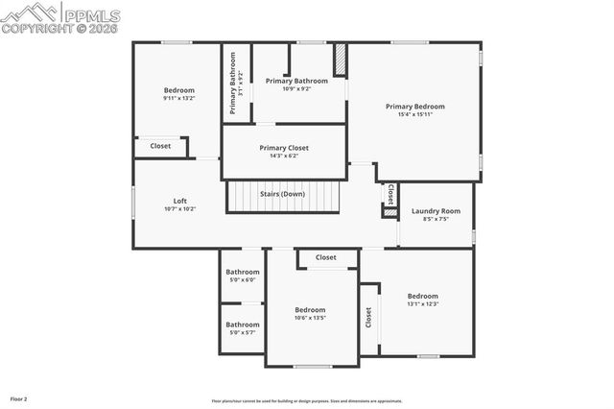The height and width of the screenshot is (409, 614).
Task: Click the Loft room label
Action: click(179, 201)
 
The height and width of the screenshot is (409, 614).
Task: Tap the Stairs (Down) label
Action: click(283, 194)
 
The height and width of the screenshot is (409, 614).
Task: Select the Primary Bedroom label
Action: click(414, 107)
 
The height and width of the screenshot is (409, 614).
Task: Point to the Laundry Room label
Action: click(436, 210)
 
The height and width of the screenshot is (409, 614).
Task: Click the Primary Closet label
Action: click(283, 148)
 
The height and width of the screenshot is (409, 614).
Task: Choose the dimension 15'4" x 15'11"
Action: click(414, 115)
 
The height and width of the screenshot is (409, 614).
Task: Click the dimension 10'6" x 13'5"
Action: click(310, 319)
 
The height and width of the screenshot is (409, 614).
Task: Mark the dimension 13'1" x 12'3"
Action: click(422, 304)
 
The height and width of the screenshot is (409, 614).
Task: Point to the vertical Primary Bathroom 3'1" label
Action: click(234, 83)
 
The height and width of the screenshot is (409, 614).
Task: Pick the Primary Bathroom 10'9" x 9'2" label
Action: click(296, 82)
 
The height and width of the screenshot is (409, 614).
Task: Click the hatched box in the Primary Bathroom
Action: click(340, 60)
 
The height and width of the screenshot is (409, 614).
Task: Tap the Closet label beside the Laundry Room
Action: click(390, 193)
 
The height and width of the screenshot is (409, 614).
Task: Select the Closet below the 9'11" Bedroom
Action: click(160, 146)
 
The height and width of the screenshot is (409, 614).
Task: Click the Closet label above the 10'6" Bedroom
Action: click(326, 257)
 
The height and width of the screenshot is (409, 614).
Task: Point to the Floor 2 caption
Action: click(19, 397)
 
